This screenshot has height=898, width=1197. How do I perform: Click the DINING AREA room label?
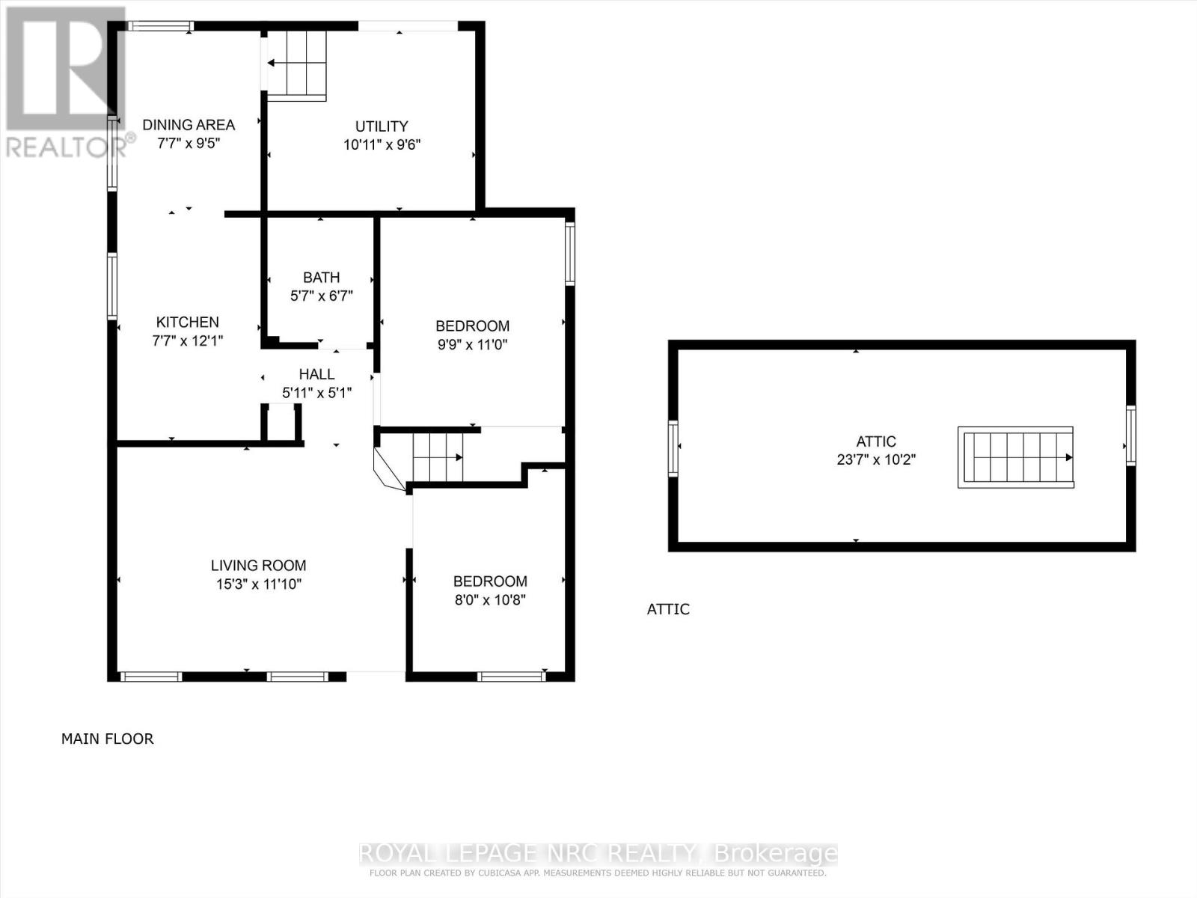tap(189, 125)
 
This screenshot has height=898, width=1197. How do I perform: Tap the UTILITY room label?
tap(382, 126)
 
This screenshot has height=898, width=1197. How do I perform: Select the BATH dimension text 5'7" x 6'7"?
tap(322, 296)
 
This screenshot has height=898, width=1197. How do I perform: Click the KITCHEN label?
tap(187, 322)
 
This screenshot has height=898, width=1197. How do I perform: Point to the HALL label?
tap(316, 374)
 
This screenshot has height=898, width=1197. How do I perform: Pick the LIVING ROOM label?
tap(258, 566)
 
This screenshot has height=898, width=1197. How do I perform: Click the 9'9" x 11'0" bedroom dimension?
tap(472, 345)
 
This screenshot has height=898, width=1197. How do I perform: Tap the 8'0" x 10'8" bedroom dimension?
tap(490, 600)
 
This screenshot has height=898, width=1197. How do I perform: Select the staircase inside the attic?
tap(1016, 457)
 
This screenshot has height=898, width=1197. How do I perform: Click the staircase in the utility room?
tap(297, 64)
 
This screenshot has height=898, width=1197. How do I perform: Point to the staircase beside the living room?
tap(438, 457)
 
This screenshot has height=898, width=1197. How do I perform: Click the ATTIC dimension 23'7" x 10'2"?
tap(876, 459)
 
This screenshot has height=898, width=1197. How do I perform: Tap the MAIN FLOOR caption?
tap(107, 739)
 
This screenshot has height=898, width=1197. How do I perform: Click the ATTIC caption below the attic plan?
tap(668, 609)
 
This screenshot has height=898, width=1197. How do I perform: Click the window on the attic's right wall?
tap(1130, 435)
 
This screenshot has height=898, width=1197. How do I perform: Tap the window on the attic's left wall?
tap(673, 448)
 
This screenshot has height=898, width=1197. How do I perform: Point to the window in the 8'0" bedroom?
tap(511, 676)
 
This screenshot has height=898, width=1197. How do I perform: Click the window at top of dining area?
tap(159, 26)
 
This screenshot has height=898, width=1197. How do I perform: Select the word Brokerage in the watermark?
tap(776, 853)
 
